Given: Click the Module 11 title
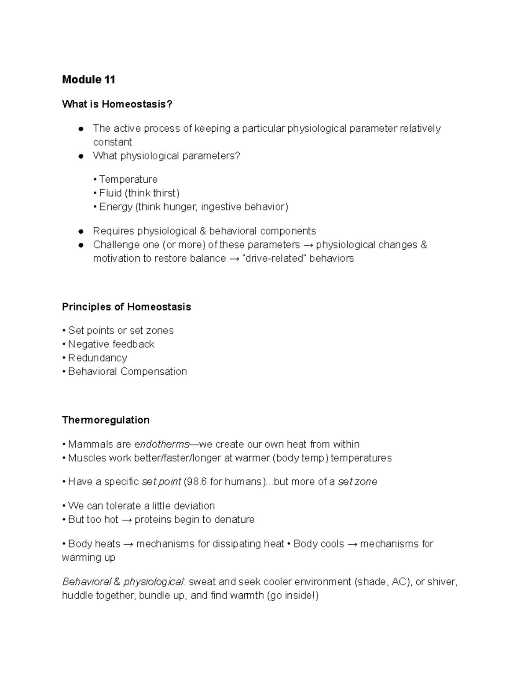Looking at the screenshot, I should (88, 80).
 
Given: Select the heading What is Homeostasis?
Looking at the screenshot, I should (117, 104).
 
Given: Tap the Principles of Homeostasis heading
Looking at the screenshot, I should (126, 307).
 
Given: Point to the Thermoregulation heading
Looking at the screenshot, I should (106, 420).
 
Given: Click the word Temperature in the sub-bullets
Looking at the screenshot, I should (128, 179).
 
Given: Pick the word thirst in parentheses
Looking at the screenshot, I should (165, 193).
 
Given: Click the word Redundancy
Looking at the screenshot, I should (97, 358).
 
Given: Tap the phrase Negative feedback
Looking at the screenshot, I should (111, 344).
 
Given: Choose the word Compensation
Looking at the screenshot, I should (154, 371).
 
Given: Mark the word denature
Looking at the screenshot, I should (235, 519).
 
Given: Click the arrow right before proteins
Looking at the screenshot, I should (126, 520).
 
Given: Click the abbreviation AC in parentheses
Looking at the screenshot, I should (399, 582).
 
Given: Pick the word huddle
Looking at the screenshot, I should (75, 596).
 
